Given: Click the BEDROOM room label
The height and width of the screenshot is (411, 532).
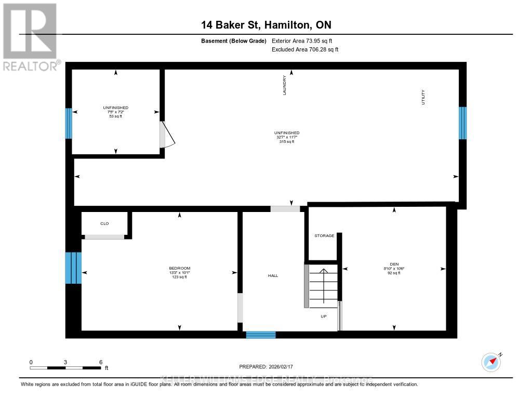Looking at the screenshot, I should pyautogui.click(x=180, y=268).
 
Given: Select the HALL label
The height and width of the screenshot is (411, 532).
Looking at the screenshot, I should pyautogui.click(x=273, y=275).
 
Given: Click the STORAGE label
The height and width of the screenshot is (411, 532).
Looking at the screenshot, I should pyautogui.click(x=324, y=236).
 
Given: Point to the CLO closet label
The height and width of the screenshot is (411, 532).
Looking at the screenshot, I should pyautogui.click(x=104, y=223).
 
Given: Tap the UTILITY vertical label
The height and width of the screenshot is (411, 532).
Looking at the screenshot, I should pyautogui.click(x=423, y=98).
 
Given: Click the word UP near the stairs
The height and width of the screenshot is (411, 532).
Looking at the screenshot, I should pyautogui.click(x=323, y=315).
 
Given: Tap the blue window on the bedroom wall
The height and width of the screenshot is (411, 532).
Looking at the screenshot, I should pyautogui.click(x=73, y=268).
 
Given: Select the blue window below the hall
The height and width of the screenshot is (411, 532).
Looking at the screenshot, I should pyautogui.click(x=260, y=335).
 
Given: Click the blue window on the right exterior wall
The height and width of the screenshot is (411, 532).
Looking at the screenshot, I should pyautogui.click(x=462, y=123).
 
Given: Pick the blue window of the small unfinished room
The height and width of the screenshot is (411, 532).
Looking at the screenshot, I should pyautogui.click(x=68, y=123).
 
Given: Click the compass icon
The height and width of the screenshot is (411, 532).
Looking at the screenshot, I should pyautogui.click(x=491, y=362).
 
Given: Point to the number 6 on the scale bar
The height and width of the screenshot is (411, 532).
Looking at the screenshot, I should pyautogui.click(x=100, y=362).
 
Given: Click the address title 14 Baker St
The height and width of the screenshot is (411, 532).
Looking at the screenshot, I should pyautogui.click(x=266, y=24).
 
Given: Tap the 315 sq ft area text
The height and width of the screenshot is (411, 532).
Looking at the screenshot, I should pyautogui.click(x=287, y=141).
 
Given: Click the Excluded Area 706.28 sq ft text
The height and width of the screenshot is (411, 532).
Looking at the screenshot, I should pyautogui.click(x=305, y=49).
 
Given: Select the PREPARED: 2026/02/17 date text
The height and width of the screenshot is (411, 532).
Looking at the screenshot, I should pyautogui.click(x=270, y=366).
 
